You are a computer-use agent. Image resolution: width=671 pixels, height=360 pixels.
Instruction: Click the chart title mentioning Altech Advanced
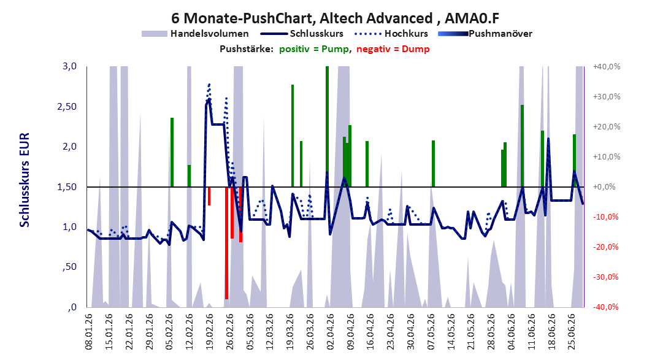[335, 18]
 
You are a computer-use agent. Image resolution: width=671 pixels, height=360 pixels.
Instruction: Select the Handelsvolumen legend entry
[195, 33]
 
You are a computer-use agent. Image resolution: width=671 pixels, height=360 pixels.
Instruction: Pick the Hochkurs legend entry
[391, 33]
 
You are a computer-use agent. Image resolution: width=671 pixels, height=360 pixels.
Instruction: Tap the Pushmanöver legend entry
[485, 33]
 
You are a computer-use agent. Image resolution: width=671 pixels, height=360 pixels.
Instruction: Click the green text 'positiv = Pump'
[314, 49]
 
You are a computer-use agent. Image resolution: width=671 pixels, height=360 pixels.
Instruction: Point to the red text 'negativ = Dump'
[393, 49]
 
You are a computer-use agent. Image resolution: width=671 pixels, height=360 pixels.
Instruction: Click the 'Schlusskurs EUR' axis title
[25, 180]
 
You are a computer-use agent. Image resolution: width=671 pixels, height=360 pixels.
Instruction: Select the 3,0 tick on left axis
[69, 66]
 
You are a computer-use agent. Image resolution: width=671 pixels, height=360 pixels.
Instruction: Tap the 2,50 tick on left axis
[67, 107]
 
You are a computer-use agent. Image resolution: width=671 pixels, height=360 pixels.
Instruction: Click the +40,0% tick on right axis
[607, 67]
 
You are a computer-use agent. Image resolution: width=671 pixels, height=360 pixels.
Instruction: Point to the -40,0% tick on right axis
[606, 307]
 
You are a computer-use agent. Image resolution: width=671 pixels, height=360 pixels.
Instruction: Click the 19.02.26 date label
[210, 332]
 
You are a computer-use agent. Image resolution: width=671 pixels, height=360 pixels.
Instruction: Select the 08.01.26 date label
[89, 332]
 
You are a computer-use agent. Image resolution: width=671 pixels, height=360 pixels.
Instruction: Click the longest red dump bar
[226, 243]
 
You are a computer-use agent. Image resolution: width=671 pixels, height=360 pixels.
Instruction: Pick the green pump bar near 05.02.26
[172, 152]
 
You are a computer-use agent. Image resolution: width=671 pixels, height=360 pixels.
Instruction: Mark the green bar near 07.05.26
[433, 164]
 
